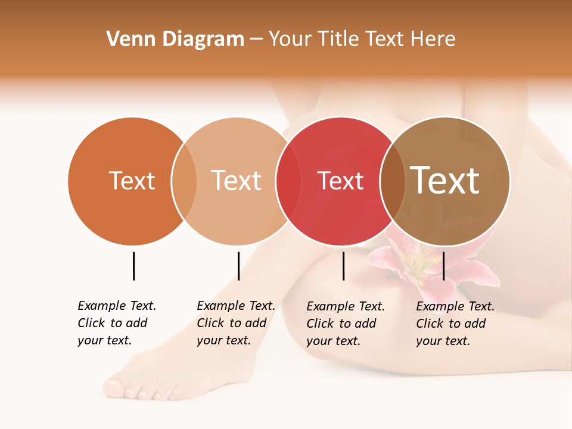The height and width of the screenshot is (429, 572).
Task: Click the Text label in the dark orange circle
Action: [132, 181]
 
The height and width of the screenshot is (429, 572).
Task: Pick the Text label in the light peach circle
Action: [237, 181]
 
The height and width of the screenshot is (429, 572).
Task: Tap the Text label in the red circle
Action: [340, 181]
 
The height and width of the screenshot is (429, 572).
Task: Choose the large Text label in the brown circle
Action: [445, 181]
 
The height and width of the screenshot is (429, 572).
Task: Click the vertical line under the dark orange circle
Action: [133, 266]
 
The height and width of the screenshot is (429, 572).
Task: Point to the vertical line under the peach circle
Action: [238, 266]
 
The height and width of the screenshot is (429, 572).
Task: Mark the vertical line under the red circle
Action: [343, 266]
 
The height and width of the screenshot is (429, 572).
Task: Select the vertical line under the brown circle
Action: [443, 266]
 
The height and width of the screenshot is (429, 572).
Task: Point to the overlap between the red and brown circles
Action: [393, 181]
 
